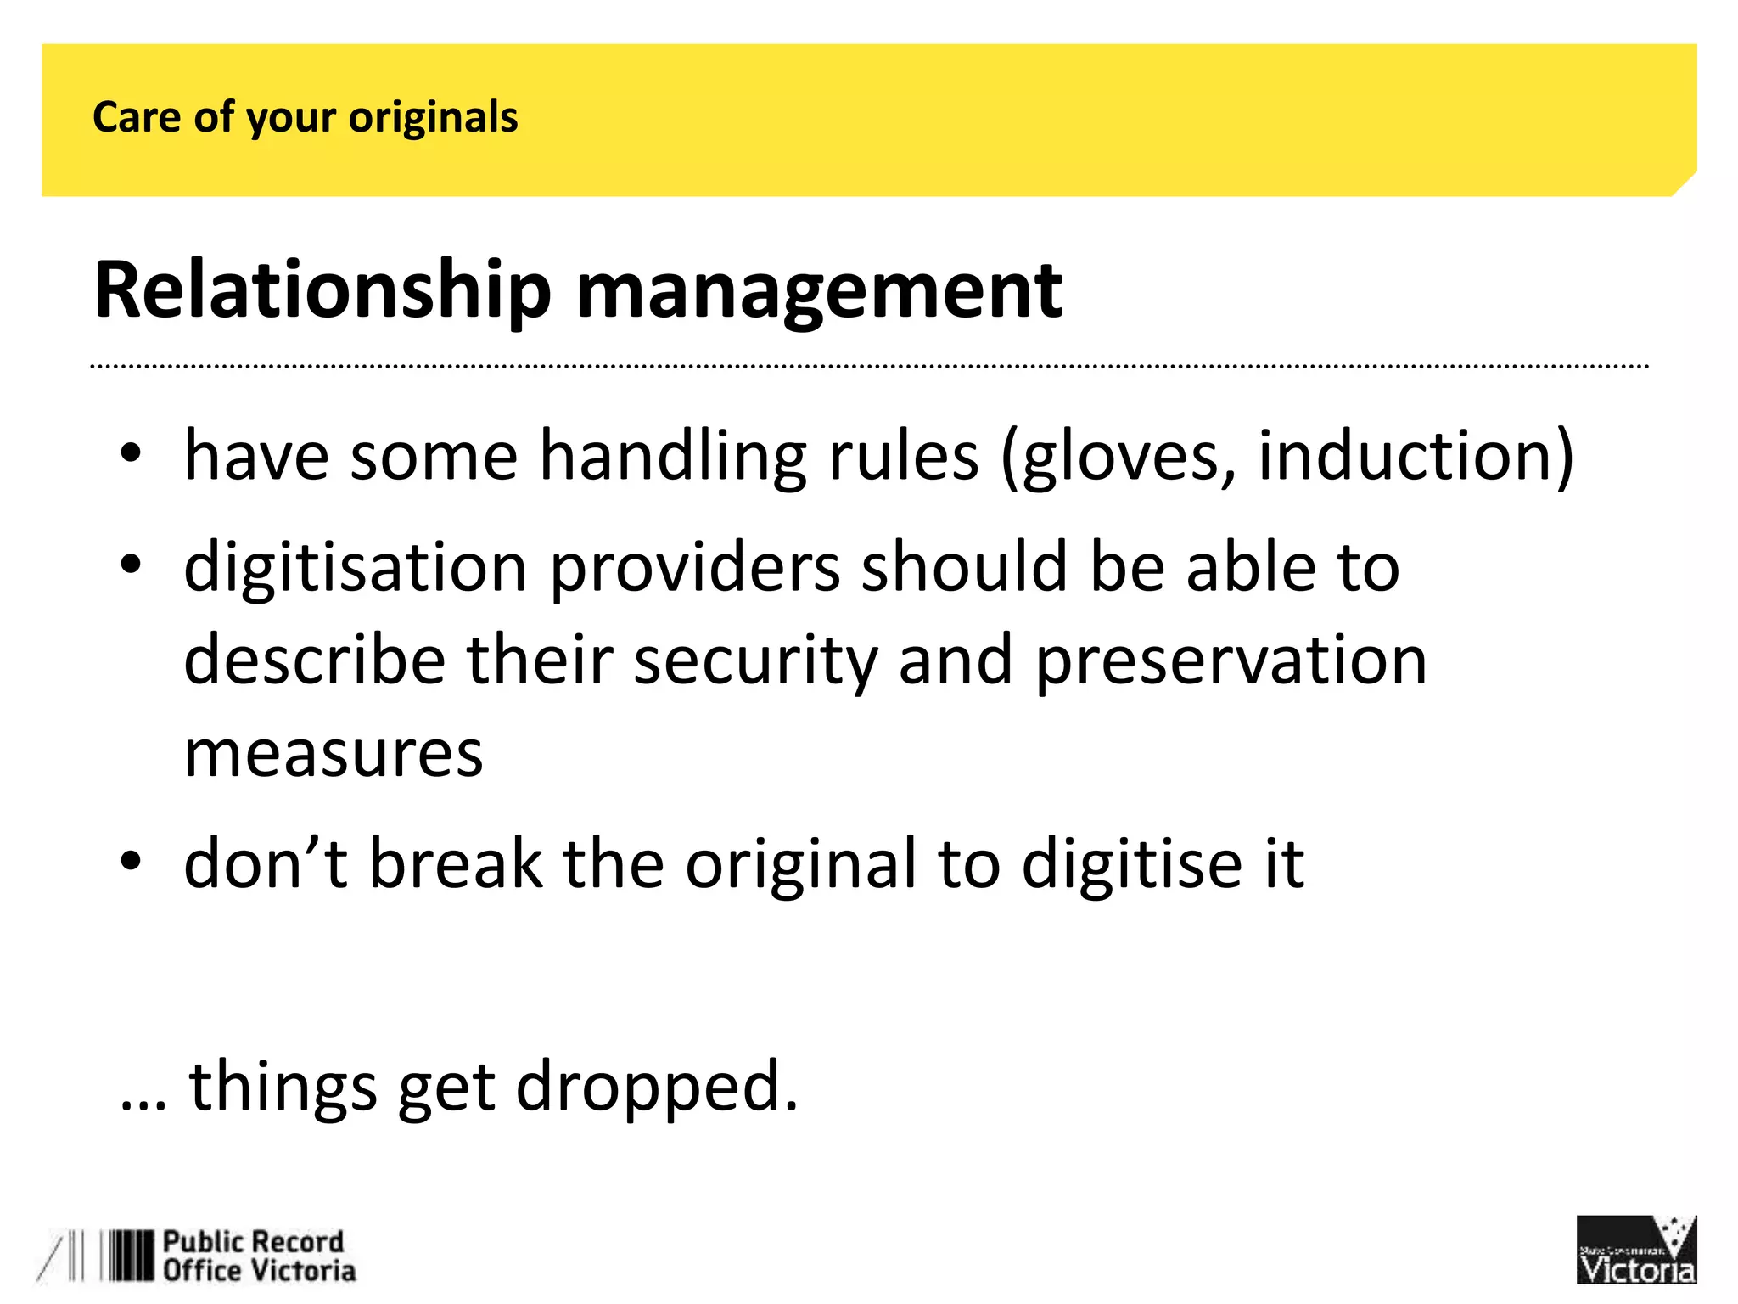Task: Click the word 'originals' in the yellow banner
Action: coord(433,118)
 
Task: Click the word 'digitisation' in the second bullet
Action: coord(356,568)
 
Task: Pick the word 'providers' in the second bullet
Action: coord(695,568)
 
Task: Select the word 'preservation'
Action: coord(1231,661)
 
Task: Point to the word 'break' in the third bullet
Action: coord(456,863)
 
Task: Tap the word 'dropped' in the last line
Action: coord(656,1086)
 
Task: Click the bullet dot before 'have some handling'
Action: coord(130,453)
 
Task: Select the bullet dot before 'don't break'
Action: coord(130,861)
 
